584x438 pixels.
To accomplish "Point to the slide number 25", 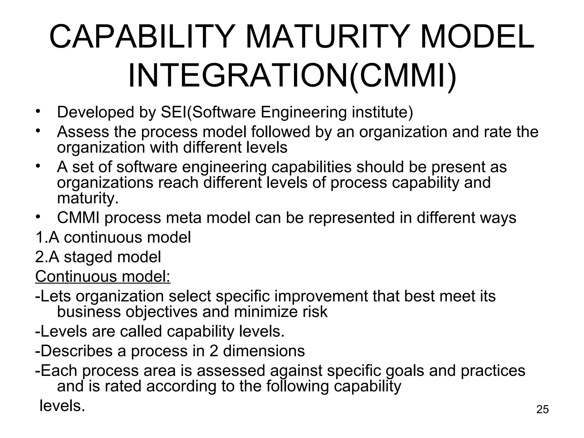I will [542, 409].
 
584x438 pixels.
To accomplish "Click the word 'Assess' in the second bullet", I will [83, 132].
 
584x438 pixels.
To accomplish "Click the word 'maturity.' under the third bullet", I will [88, 198].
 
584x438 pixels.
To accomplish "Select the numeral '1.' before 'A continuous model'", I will [41, 237].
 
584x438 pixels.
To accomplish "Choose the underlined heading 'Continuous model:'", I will [103, 276].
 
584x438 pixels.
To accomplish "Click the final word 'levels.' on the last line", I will [62, 405].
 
